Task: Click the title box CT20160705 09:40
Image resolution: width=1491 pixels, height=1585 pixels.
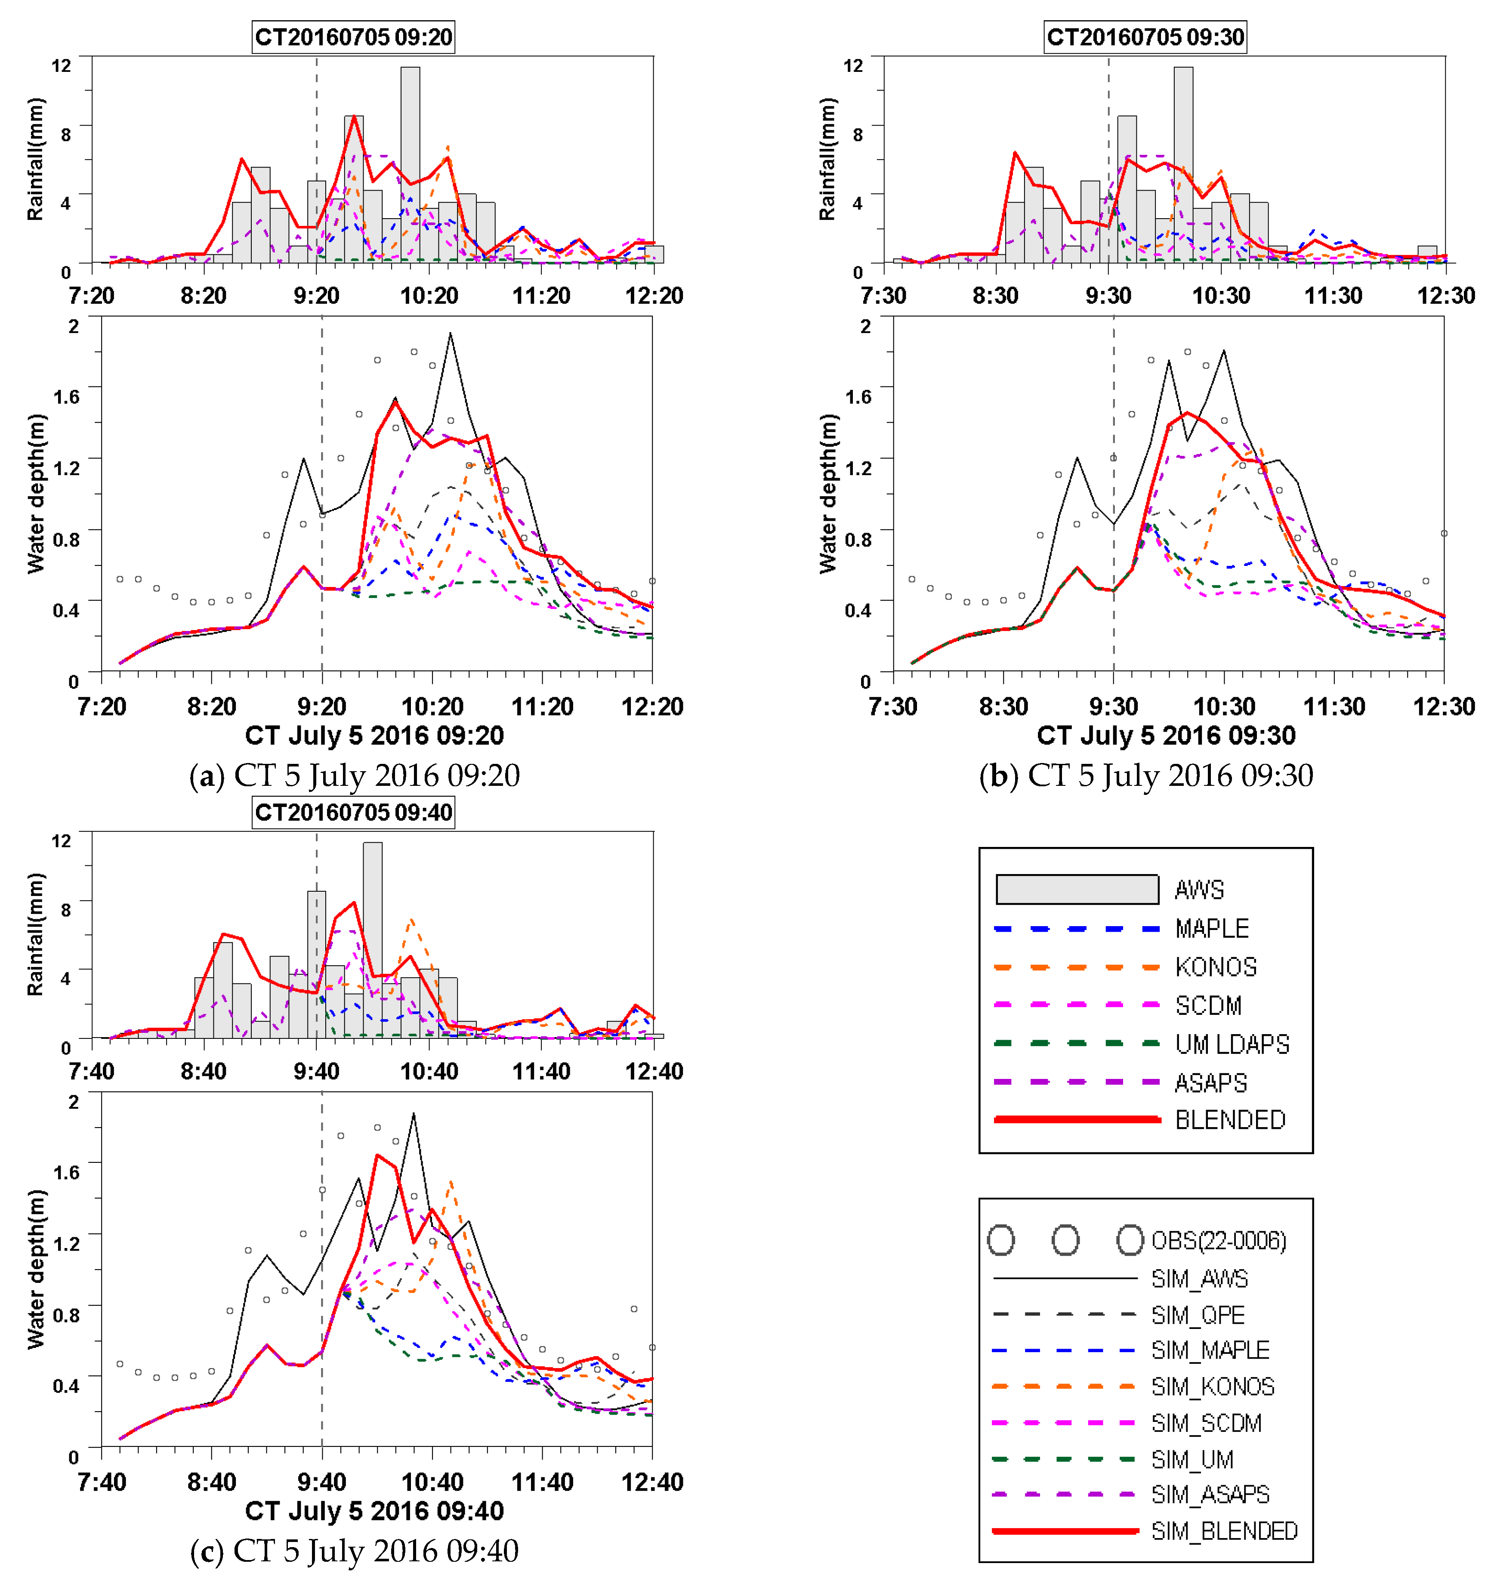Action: (x=353, y=813)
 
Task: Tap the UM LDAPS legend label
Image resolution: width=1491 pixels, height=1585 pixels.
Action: (x=1232, y=1044)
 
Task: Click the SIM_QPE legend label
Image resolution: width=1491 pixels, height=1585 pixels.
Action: (x=1198, y=1315)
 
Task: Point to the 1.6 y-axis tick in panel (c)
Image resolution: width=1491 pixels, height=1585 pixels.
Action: (x=67, y=1171)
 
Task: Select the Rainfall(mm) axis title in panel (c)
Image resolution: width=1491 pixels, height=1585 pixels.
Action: (x=36, y=934)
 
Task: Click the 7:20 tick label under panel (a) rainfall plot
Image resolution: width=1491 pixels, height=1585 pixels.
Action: (x=92, y=296)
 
